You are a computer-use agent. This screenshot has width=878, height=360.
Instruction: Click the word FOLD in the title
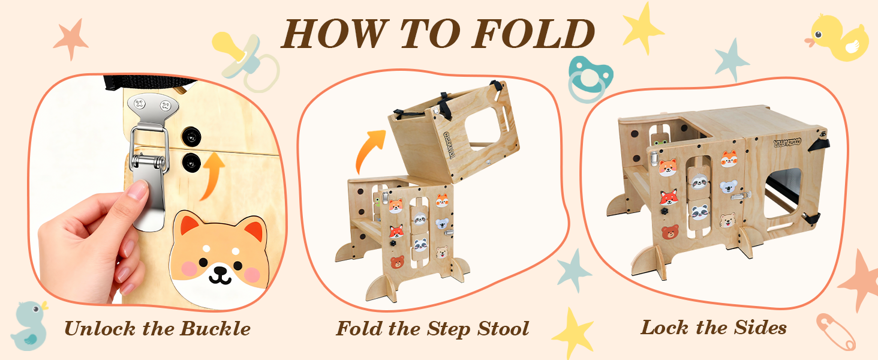coord(533,34)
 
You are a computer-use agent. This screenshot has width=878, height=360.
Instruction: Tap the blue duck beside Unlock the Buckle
coord(30,325)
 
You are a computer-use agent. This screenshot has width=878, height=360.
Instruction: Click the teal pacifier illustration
coord(590,79)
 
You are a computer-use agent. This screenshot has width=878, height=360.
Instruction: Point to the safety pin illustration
coord(835,332)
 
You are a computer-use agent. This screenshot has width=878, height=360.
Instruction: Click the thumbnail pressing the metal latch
coord(137,190)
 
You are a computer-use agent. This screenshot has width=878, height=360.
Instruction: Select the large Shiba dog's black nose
coord(220,271)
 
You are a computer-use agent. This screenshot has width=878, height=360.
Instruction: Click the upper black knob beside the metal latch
coord(191,136)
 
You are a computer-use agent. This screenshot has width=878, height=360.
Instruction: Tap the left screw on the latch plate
coord(139,104)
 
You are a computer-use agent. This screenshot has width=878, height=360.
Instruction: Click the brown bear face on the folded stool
coord(670,232)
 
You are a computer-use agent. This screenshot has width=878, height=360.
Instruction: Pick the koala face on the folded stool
coord(728,187)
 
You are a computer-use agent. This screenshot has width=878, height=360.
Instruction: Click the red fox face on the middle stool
coord(396,232)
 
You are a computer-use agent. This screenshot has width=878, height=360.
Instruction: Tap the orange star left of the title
coord(71,39)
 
